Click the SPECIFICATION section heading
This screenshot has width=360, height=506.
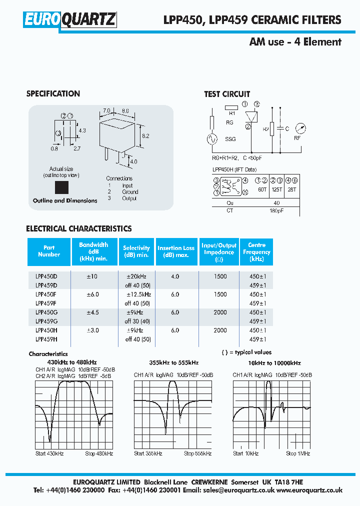coord(53,93)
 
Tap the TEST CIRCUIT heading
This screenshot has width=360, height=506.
coord(227,94)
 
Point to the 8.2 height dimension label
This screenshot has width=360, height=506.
coord(145,135)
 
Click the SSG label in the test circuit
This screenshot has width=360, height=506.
coord(230,139)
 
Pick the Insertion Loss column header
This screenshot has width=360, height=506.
coord(176,251)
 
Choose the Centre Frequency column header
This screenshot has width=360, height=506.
coord(256,252)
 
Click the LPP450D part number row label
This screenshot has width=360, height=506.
coord(46,276)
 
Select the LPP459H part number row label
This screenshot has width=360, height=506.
coord(46,339)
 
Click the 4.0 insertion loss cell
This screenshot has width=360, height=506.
coord(175,276)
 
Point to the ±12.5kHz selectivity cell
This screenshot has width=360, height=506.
coord(138,294)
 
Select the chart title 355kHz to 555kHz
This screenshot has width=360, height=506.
coord(173,363)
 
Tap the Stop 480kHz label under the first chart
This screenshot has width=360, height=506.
coord(99,453)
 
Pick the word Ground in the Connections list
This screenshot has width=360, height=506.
coord(130,192)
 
